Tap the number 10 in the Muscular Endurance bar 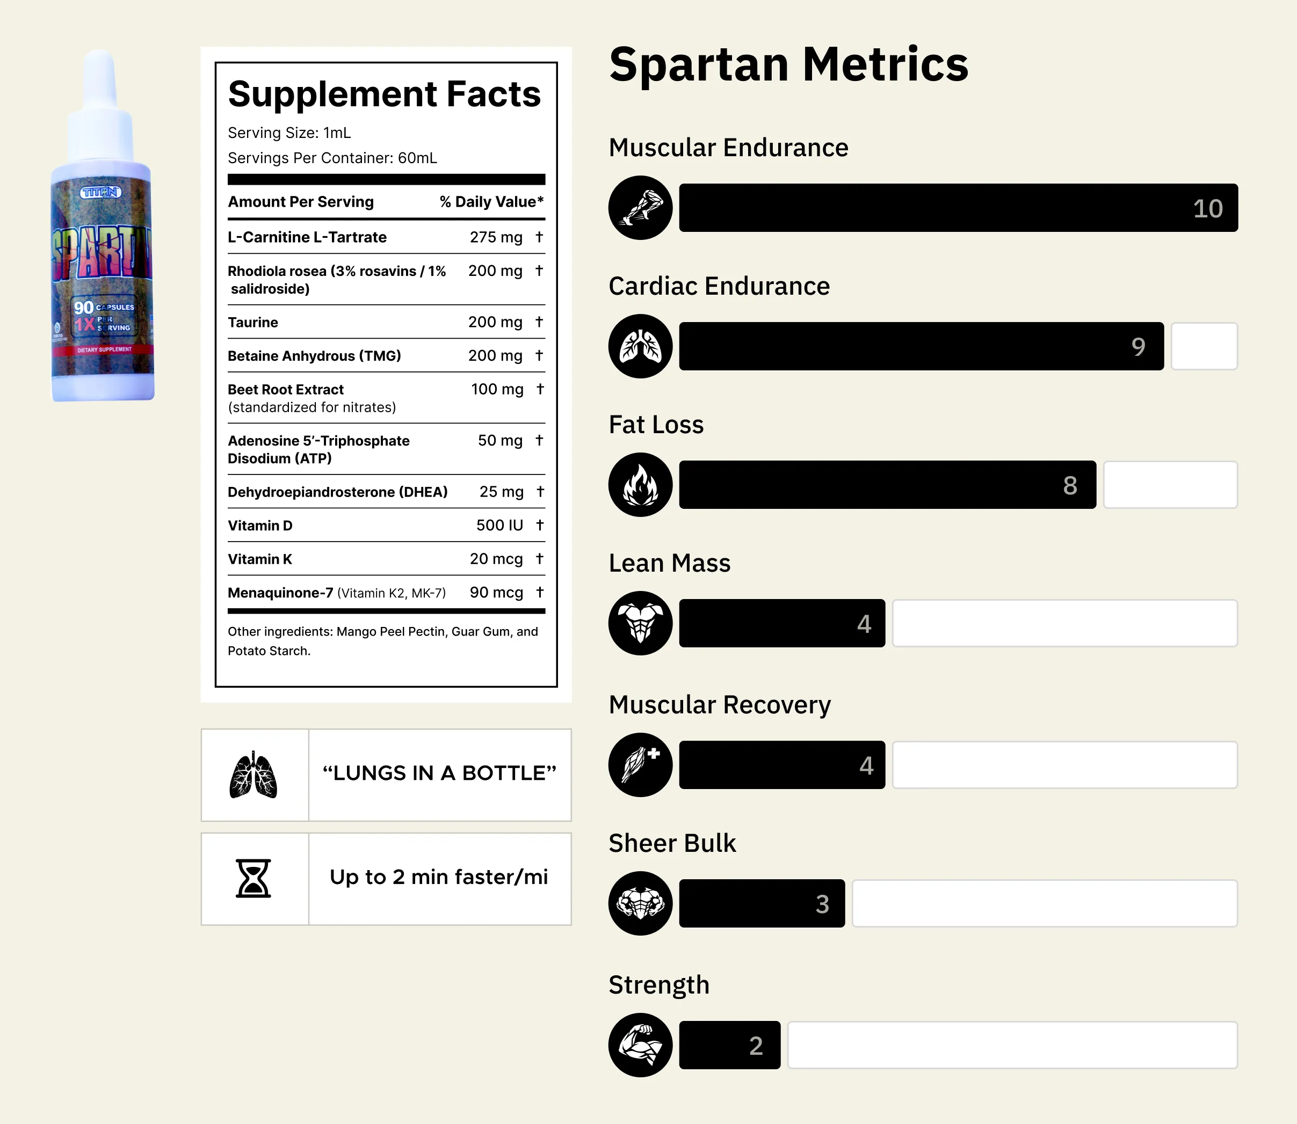(x=1207, y=208)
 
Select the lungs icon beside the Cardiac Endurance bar (x=640, y=346)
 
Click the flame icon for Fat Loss (x=640, y=485)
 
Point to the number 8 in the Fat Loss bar (x=1070, y=485)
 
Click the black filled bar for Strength (x=729, y=1045)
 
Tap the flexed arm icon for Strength (x=640, y=1045)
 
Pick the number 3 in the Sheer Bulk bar (x=822, y=904)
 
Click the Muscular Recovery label (x=719, y=704)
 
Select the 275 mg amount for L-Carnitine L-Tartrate (x=496, y=237)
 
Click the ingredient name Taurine (x=253, y=323)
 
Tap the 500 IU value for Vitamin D (x=499, y=525)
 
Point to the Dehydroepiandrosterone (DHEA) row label (x=338, y=492)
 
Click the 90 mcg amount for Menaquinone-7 (x=496, y=593)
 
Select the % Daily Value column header (x=491, y=201)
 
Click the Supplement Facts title (x=384, y=94)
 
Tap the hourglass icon (x=253, y=878)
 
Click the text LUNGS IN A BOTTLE (x=439, y=773)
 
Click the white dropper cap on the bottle (x=100, y=107)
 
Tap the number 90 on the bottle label (x=83, y=308)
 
